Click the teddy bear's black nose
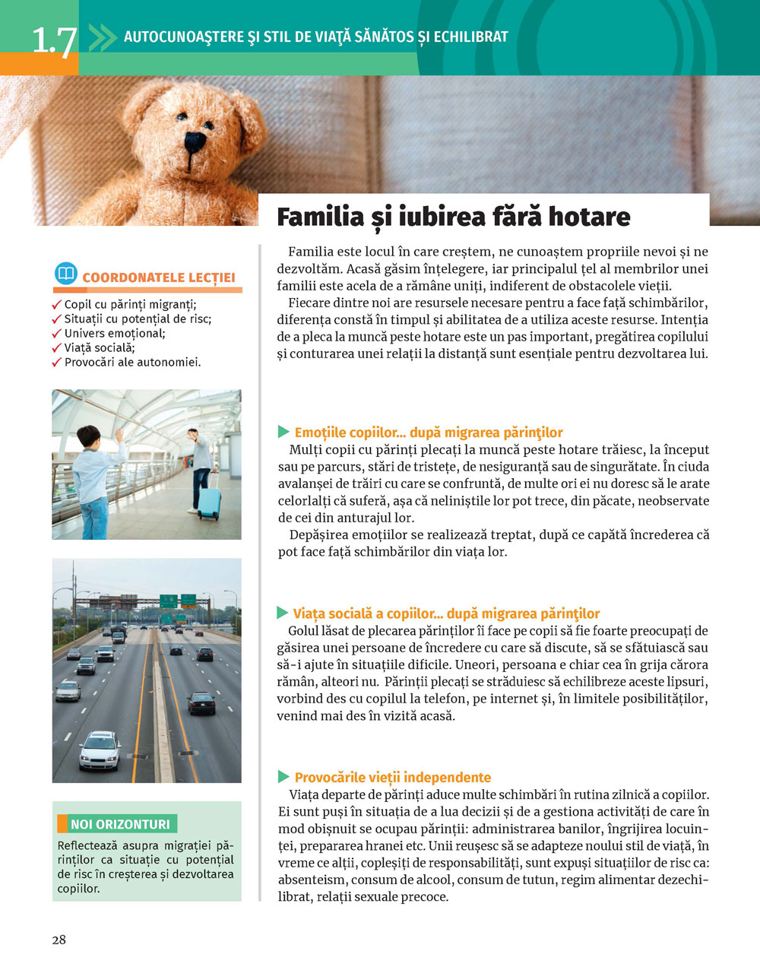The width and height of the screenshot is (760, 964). [x=195, y=141]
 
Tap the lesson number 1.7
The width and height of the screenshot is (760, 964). [x=53, y=41]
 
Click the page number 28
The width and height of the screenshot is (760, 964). [x=59, y=940]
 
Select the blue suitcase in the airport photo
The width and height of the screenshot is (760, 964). [x=209, y=503]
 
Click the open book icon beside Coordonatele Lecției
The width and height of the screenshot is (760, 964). [x=66, y=274]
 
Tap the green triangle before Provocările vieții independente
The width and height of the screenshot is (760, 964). [x=283, y=777]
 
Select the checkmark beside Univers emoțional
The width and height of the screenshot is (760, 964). [x=56, y=334]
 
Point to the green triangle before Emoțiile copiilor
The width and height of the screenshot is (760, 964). [x=283, y=432]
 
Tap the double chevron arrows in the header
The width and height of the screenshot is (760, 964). [x=103, y=36]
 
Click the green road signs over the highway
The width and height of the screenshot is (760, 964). [x=178, y=601]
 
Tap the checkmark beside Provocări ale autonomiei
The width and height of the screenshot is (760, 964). [x=56, y=363]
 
